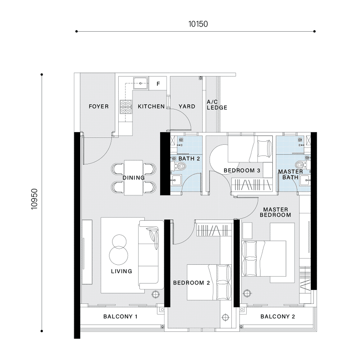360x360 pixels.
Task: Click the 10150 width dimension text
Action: coord(198,24)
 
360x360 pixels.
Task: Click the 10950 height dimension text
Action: coord(34,199)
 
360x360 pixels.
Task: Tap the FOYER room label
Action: coord(99,107)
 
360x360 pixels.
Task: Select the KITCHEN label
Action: coord(151,107)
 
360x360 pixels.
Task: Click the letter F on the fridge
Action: coord(158,84)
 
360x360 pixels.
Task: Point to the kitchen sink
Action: coord(141,83)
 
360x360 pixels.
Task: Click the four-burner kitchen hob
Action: coord(126,107)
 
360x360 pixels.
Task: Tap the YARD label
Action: coord(187,107)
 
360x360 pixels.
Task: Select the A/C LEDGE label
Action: coord(217,105)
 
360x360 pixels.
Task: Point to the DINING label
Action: coord(134,178)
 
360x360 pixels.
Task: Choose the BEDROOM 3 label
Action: coord(242,171)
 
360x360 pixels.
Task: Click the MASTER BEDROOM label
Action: coord(276,212)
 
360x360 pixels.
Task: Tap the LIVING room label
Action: coord(121,271)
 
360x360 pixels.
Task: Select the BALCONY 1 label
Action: coord(120,317)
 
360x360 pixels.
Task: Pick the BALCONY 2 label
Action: coord(278,317)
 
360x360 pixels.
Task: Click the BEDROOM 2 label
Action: coord(191,283)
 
